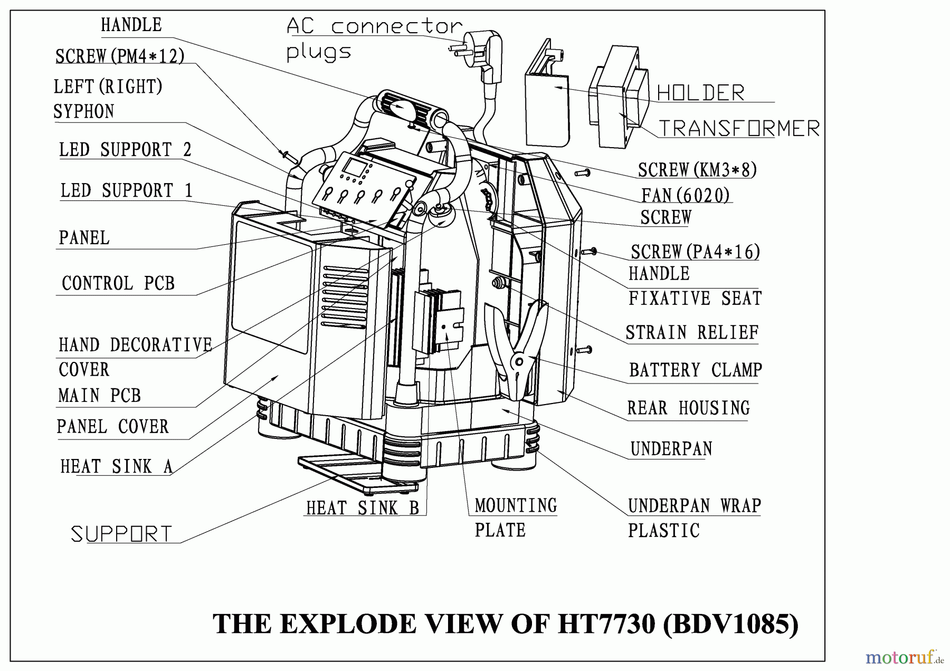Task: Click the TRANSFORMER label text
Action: (x=739, y=128)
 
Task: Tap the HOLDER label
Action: (x=700, y=93)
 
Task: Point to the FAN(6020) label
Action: (x=685, y=195)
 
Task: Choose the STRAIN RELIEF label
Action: (x=692, y=332)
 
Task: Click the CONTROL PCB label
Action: (x=118, y=283)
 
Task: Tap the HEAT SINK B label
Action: (x=363, y=508)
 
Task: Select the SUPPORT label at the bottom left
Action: (x=121, y=534)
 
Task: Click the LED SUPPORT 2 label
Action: (x=125, y=150)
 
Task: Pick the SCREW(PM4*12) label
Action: (x=120, y=56)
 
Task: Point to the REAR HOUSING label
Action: (x=688, y=408)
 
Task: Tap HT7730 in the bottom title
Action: (x=606, y=624)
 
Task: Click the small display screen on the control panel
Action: (x=351, y=169)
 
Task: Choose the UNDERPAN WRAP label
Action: (x=694, y=506)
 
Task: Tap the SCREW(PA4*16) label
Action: (x=695, y=252)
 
